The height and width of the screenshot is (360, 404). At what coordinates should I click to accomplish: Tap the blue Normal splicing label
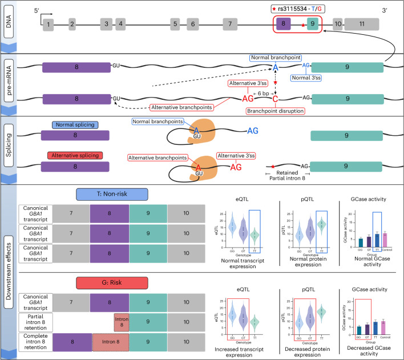(x=75, y=125)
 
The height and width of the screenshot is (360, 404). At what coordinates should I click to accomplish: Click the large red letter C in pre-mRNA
(x=275, y=99)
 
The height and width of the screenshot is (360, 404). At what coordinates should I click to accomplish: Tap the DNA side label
(x=9, y=26)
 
